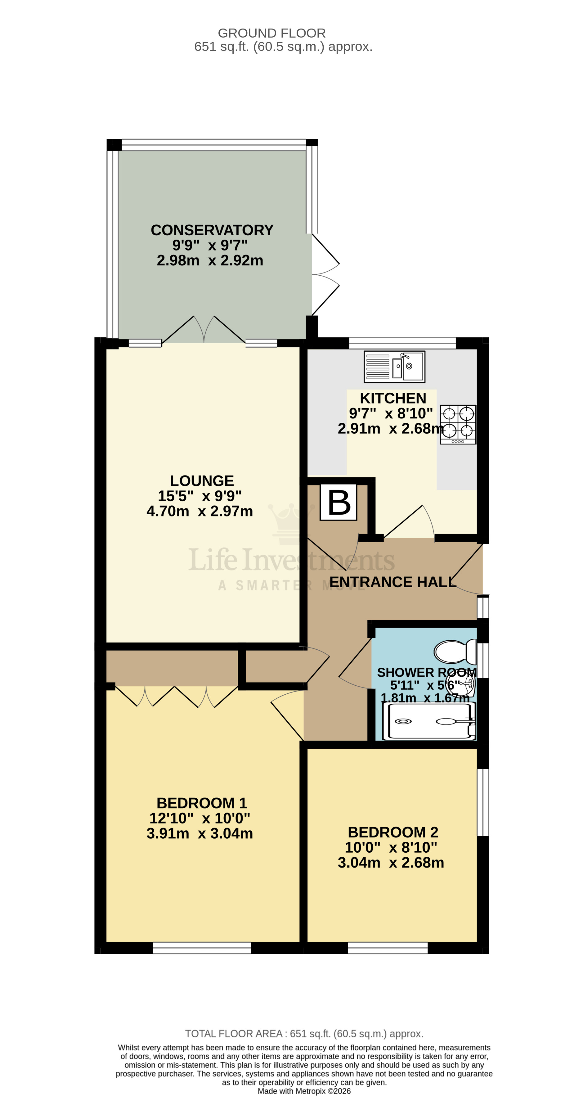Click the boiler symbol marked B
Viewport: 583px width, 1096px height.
339,503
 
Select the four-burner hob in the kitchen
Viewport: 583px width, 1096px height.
458,424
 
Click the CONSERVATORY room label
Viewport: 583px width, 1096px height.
212,230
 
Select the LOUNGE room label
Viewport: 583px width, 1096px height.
202,481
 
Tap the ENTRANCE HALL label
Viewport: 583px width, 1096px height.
392,582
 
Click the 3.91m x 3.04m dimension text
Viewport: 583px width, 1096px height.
200,833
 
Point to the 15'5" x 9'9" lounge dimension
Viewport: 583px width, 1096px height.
200,496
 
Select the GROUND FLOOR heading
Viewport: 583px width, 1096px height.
271,33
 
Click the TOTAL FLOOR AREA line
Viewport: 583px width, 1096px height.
304,1034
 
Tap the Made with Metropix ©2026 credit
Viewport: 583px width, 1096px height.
304,1091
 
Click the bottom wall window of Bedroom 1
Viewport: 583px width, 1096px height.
202,948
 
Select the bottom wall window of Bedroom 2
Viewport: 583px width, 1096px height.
388,948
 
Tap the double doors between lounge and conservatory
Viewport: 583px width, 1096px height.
204,331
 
